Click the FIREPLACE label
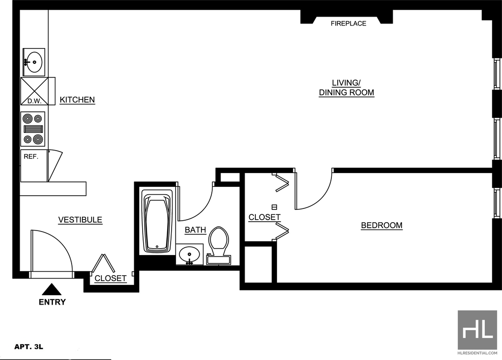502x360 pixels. click(x=349, y=24)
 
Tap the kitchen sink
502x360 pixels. click(x=34, y=62)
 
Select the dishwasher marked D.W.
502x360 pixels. click(x=34, y=91)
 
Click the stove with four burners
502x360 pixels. click(x=33, y=129)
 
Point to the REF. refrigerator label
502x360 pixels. click(x=31, y=157)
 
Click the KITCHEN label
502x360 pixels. click(x=77, y=100)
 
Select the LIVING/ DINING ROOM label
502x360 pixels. click(x=347, y=88)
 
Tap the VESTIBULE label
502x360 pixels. click(x=80, y=220)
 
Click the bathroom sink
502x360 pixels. click(x=190, y=255)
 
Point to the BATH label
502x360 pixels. click(x=195, y=230)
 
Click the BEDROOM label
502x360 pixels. click(x=381, y=225)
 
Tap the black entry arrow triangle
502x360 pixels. click(x=51, y=289)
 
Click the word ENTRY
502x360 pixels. click(x=52, y=302)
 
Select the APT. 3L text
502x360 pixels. click(x=29, y=347)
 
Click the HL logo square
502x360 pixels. click(x=477, y=330)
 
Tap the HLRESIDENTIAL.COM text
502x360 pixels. click(x=477, y=353)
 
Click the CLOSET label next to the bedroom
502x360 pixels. click(x=264, y=217)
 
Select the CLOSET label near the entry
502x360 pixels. click(x=110, y=278)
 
